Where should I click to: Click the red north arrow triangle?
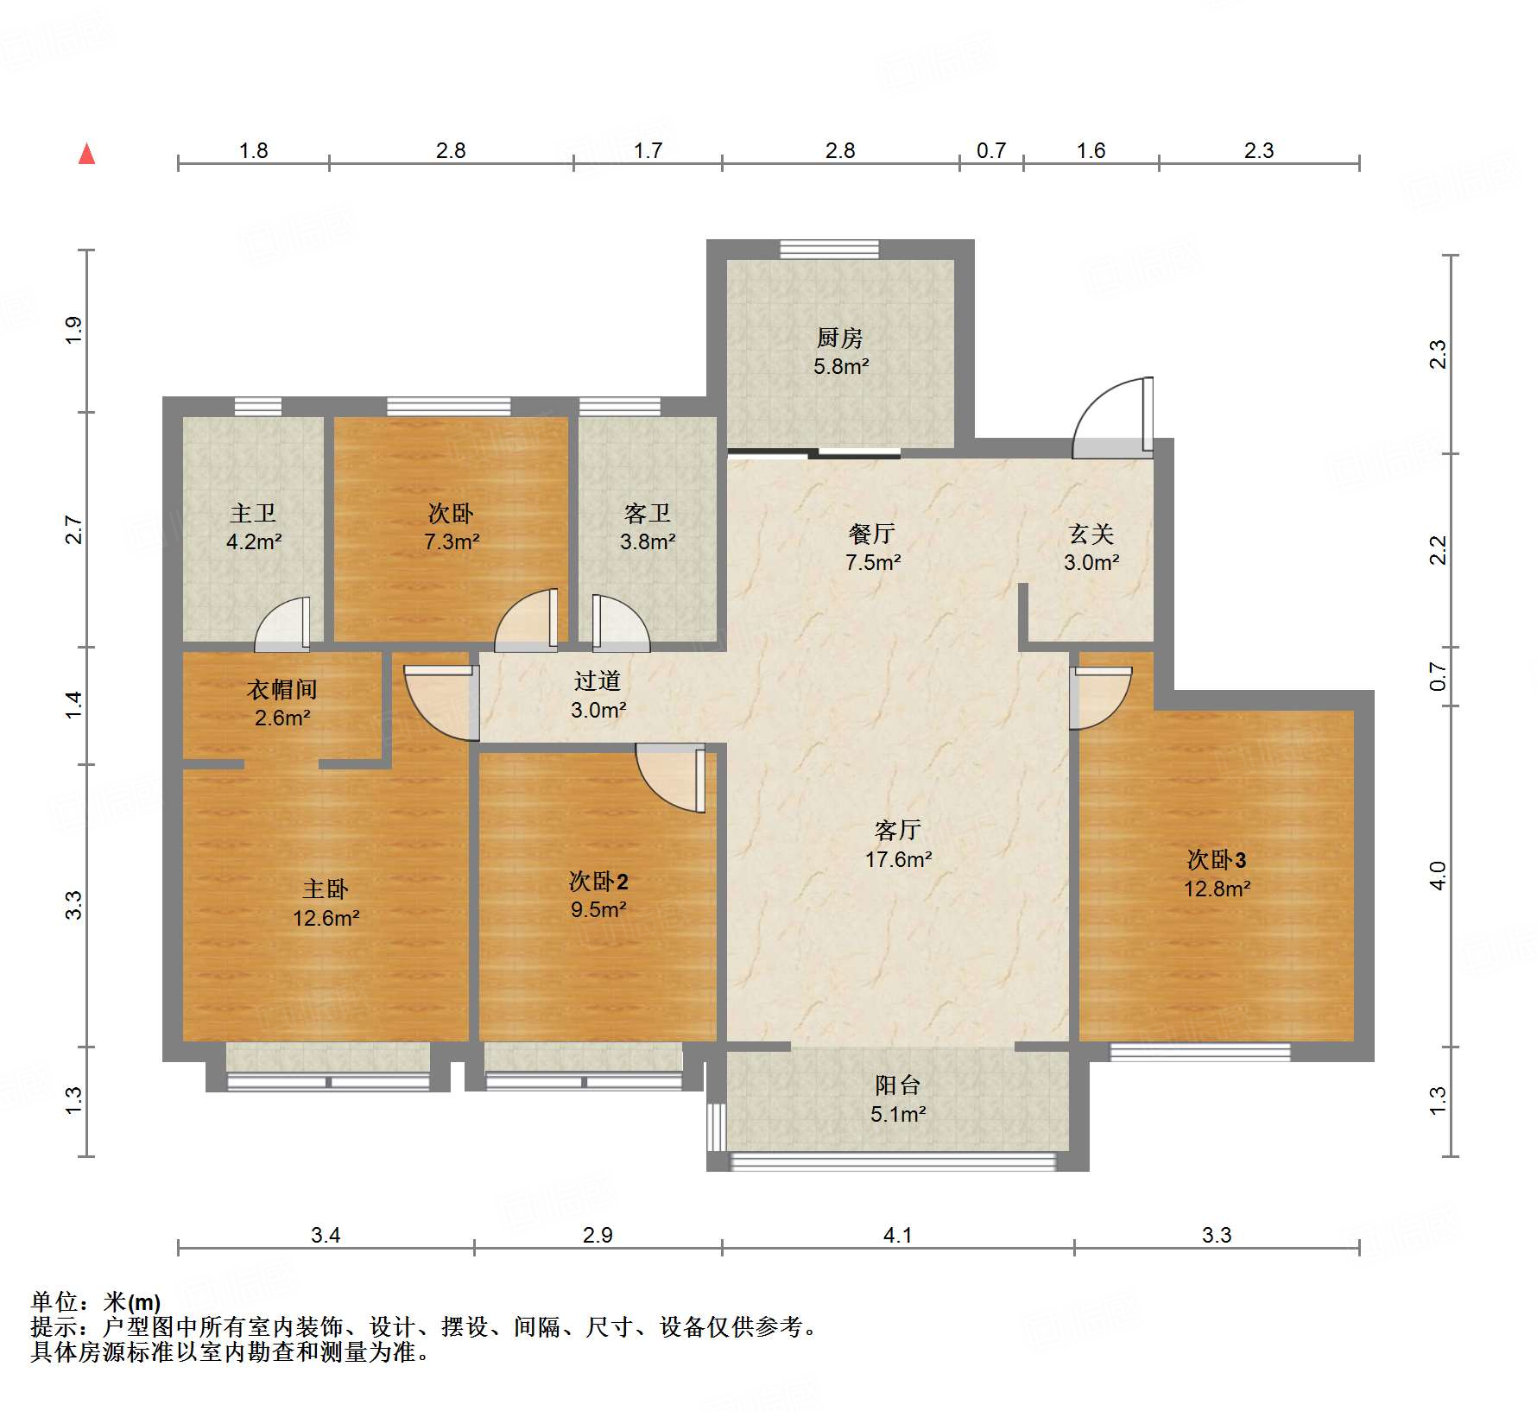86,154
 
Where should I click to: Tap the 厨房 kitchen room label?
839,338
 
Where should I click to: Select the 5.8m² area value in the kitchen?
841,366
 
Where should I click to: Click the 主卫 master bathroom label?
253,513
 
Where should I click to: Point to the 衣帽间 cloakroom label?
282,689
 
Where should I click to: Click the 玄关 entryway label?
1091,534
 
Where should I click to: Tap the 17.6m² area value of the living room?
898,859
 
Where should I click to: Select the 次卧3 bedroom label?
1216,859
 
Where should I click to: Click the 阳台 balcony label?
898,1085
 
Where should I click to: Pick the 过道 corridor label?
598,680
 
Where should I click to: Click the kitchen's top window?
829,250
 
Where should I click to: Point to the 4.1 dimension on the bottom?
897,1235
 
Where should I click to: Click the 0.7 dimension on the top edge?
991,150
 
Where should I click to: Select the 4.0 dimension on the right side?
1438,876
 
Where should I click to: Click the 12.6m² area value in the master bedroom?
326,918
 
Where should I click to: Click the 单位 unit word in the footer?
54,1301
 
